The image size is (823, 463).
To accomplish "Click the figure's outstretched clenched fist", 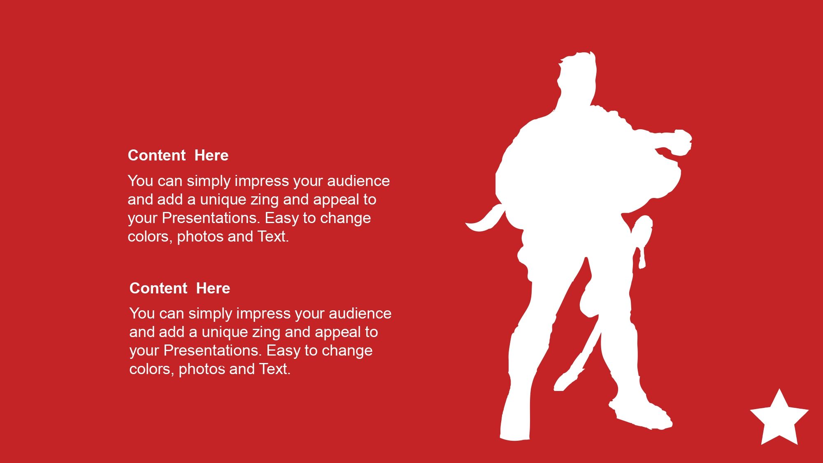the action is point(680,142).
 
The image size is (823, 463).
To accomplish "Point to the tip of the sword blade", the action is point(556,389).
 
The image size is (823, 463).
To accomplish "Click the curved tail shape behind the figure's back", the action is point(486,220).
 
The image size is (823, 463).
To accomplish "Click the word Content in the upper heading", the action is point(157,155).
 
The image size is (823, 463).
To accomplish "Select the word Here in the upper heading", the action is point(212,155).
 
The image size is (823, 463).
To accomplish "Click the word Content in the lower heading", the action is point(158,288).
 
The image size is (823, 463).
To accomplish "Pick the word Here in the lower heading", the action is point(213,288).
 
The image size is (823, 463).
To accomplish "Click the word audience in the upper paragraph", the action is point(358,181).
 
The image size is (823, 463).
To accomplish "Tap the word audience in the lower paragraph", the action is point(360,314).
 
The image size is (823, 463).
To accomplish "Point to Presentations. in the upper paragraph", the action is point(211,218).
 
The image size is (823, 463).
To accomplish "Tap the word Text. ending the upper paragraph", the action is point(273,237).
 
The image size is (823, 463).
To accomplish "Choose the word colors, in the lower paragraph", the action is point(152,370).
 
